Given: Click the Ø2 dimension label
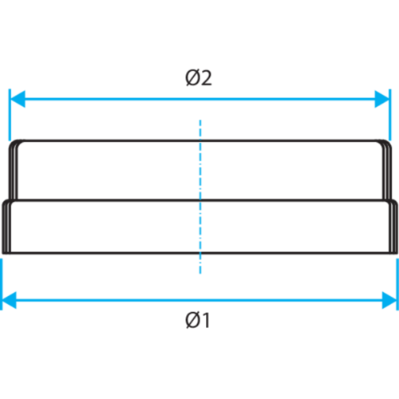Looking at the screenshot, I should coord(199,79).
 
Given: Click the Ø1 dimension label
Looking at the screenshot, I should coord(197,322).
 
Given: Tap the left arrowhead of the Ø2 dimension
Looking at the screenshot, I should coord(15,100).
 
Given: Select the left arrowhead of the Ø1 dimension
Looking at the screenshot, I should coord(10,300).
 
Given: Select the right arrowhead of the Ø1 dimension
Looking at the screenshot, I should coord(389,300).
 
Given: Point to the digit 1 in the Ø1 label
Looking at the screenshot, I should coord(205,322).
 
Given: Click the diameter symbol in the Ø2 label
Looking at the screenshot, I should coord(191,79).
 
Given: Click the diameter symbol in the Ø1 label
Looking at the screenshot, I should coord(190,322).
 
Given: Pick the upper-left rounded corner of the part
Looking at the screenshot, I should coord(14,144).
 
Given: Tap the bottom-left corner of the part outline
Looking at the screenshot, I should coord(6,254).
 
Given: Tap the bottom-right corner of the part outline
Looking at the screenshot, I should coord(393,254).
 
